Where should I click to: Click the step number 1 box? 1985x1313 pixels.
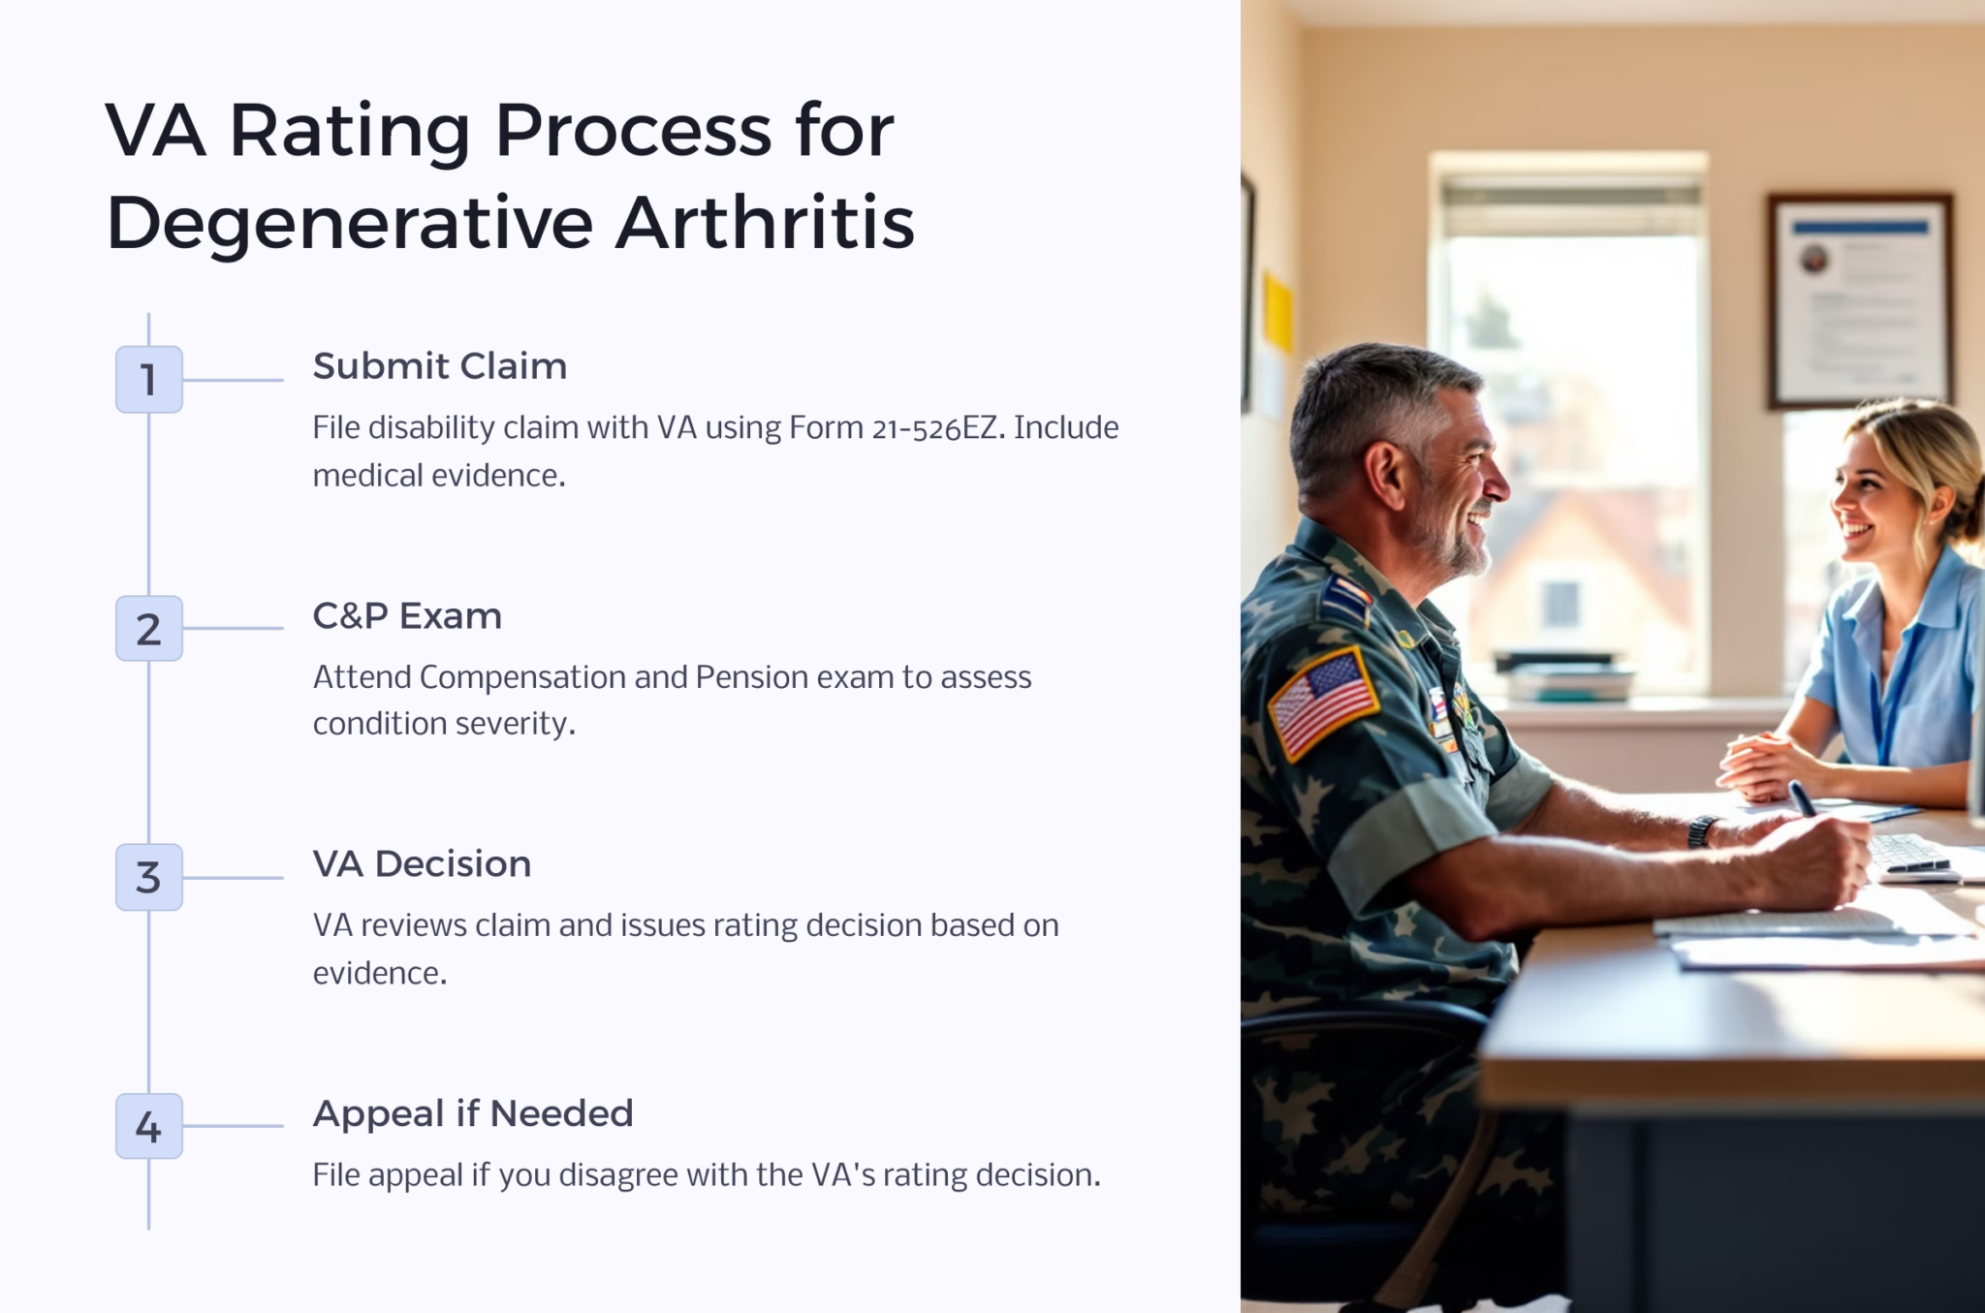pyautogui.click(x=148, y=379)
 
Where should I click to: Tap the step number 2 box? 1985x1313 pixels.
pyautogui.click(x=148, y=629)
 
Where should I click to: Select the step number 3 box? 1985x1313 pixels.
pyautogui.click(x=148, y=877)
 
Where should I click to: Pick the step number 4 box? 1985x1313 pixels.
pyautogui.click(x=148, y=1126)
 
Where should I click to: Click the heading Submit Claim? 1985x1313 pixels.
pyautogui.click(x=439, y=366)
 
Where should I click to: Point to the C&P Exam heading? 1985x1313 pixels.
pyautogui.click(x=407, y=616)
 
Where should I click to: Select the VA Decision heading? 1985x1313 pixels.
pyautogui.click(x=422, y=864)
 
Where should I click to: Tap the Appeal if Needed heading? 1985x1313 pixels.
pyautogui.click(x=472, y=1113)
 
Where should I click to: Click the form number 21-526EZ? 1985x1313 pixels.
pyautogui.click(x=934, y=428)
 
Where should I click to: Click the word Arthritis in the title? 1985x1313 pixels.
pyautogui.click(x=765, y=223)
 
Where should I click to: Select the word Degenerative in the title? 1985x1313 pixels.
pyautogui.click(x=349, y=223)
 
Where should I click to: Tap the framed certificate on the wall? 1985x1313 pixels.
pyautogui.click(x=1859, y=300)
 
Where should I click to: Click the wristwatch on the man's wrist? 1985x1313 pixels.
pyautogui.click(x=1702, y=831)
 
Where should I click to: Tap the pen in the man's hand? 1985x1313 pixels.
pyautogui.click(x=1803, y=798)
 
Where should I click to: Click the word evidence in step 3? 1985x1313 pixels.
pyautogui.click(x=379, y=974)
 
